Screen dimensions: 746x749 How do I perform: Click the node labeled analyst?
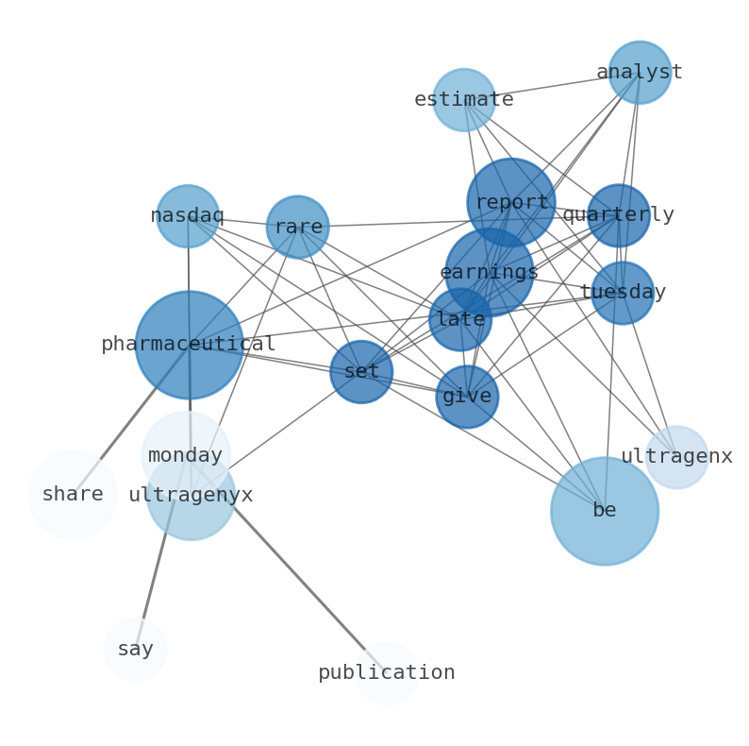point(640,72)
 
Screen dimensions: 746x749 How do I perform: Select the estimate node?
point(464,99)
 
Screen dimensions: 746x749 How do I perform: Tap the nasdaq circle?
point(188,216)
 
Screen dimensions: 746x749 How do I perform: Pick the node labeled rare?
point(298,227)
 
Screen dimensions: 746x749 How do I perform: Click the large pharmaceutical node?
point(189,345)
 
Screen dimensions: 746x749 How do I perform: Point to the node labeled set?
point(361,372)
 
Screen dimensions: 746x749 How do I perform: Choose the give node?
point(467,397)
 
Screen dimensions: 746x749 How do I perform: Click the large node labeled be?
point(605,511)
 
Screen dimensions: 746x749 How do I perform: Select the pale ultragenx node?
point(676,457)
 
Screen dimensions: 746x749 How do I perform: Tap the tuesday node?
point(623,293)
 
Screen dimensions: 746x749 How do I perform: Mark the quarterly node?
point(619,215)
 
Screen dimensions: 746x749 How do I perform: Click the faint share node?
point(73,495)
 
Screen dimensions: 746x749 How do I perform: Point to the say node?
point(135,650)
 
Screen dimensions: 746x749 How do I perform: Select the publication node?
point(387,673)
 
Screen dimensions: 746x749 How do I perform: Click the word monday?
point(186,456)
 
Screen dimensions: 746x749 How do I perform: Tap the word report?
point(511,202)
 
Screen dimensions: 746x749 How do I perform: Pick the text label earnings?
point(489,272)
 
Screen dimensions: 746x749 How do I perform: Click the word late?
point(460,319)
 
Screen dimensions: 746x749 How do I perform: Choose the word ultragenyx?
point(191,495)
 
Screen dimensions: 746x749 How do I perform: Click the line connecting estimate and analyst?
point(552,86)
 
